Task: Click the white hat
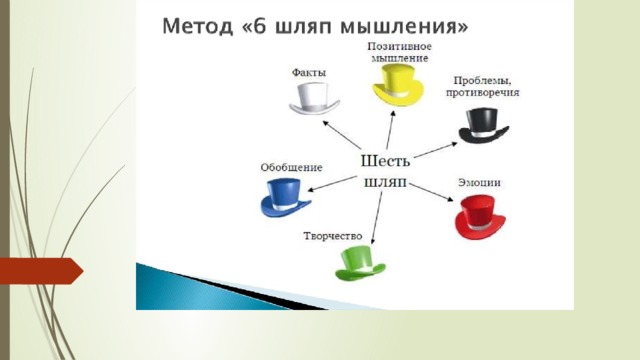[314, 99]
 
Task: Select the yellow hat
[398, 85]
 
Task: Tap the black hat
[484, 126]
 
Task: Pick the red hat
[480, 217]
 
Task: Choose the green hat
[360, 263]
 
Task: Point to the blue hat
[286, 198]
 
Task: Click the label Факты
[309, 73]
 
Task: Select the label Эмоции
[479, 182]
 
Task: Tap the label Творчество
[333, 236]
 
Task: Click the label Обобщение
[291, 167]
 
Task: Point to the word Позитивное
[399, 47]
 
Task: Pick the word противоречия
[482, 93]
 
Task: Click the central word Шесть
[385, 161]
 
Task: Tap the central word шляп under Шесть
[385, 183]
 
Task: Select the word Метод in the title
[198, 27]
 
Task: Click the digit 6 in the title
[260, 26]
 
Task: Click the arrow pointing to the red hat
[431, 192]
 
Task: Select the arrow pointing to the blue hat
[331, 183]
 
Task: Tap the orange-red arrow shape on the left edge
[41, 271]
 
